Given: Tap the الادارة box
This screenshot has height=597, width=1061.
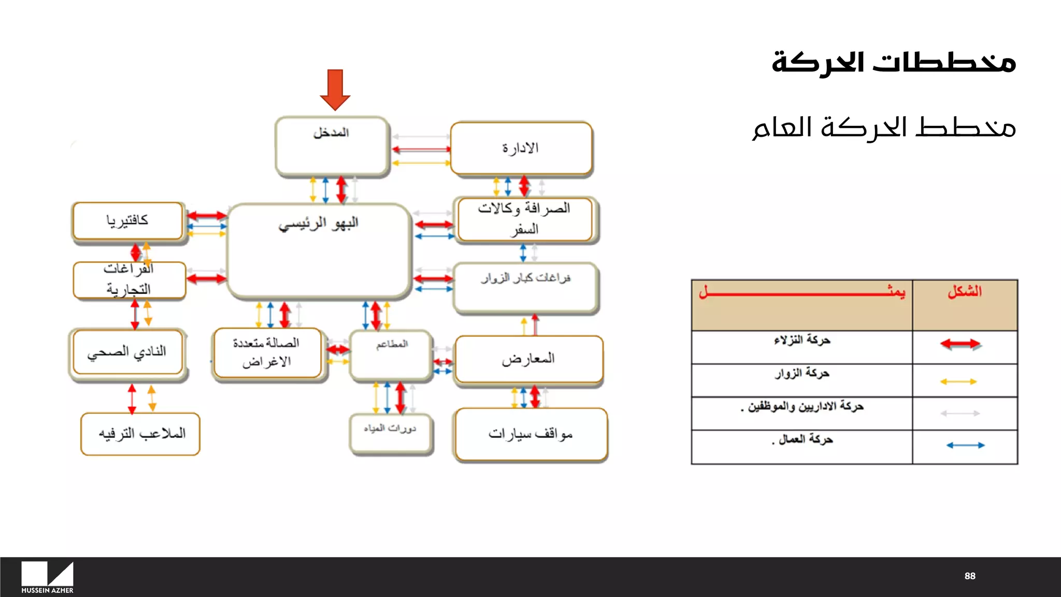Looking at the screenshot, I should coord(521,148).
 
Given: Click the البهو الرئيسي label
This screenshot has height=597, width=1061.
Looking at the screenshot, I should coord(319,224).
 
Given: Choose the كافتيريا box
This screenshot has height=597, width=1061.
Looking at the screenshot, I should coord(128,221).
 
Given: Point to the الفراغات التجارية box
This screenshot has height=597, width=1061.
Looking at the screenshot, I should coord(129,280).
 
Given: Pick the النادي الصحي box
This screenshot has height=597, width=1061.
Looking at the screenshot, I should coord(127,352).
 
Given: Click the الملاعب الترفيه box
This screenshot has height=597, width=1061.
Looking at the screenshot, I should coord(140,434).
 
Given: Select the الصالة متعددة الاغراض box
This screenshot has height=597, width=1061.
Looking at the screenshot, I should coord(267,352).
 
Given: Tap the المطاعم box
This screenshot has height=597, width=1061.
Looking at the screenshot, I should coord(391,356).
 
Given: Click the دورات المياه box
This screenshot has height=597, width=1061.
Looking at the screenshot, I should coord(391,433).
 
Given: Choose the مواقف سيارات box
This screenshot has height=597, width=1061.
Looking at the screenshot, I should coord(531,434).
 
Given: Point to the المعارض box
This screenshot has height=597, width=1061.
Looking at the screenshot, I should coord(528,359).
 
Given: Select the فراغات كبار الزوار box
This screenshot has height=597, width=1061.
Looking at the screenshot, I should coord(526,288).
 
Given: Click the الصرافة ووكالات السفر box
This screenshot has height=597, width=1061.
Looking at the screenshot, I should coord(525,219).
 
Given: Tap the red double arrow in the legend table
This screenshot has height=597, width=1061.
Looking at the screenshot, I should coord(960,344).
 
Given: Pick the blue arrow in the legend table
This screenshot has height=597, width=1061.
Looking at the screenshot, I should coord(965,445).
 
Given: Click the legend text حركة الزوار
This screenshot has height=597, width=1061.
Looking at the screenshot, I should coord(802,374).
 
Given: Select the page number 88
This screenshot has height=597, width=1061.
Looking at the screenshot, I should coord(970,576).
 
